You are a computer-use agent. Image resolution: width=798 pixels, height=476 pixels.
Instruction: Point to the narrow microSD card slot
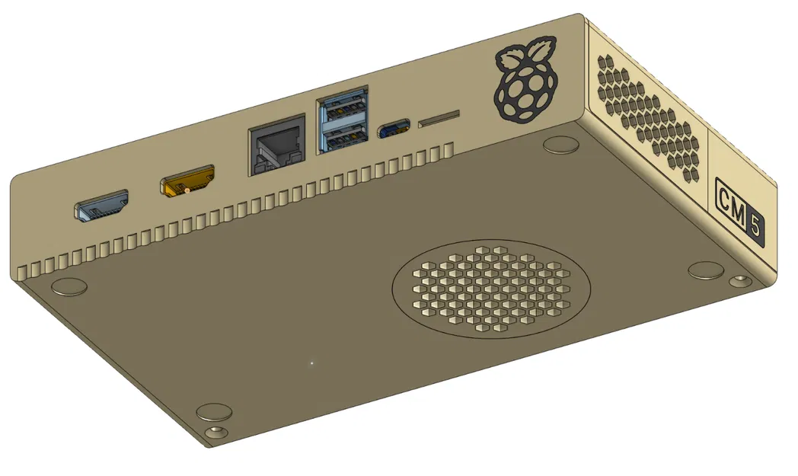click(439, 118)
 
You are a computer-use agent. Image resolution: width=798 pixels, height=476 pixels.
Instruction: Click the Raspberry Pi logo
click(525, 85)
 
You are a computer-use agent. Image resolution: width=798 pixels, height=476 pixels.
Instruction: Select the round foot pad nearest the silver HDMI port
click(68, 286)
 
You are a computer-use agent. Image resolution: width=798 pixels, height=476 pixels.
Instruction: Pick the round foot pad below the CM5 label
click(705, 270)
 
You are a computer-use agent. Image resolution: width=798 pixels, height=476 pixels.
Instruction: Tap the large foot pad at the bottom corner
click(214, 412)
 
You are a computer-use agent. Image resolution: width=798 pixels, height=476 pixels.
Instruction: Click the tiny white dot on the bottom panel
click(311, 363)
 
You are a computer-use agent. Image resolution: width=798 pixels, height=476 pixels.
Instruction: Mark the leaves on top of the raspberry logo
click(527, 54)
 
